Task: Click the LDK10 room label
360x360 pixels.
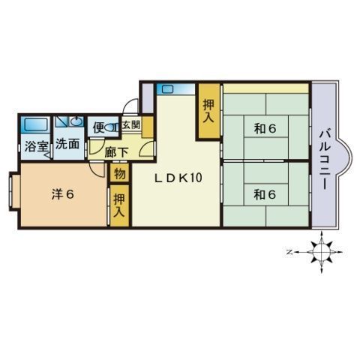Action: click(178, 178)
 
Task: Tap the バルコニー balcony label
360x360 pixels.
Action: click(325, 160)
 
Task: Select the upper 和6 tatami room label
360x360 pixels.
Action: click(265, 129)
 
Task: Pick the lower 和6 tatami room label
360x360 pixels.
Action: click(265, 194)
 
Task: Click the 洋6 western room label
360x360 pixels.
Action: click(63, 194)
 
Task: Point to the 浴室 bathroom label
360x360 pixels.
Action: click(36, 146)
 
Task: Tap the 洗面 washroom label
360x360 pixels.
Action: click(67, 143)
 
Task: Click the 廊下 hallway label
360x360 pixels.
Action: click(116, 152)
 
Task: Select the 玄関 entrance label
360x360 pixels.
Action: click(130, 124)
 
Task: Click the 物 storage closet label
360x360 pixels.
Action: click(120, 173)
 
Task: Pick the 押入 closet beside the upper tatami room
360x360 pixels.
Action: click(208, 111)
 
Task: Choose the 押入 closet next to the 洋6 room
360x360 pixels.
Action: click(119, 205)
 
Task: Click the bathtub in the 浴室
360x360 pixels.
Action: click(35, 124)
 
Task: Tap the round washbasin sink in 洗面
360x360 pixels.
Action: click(77, 121)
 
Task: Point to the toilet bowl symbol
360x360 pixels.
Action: click(110, 127)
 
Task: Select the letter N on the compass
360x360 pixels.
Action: click(289, 252)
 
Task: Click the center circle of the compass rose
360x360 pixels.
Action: click(321, 252)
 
